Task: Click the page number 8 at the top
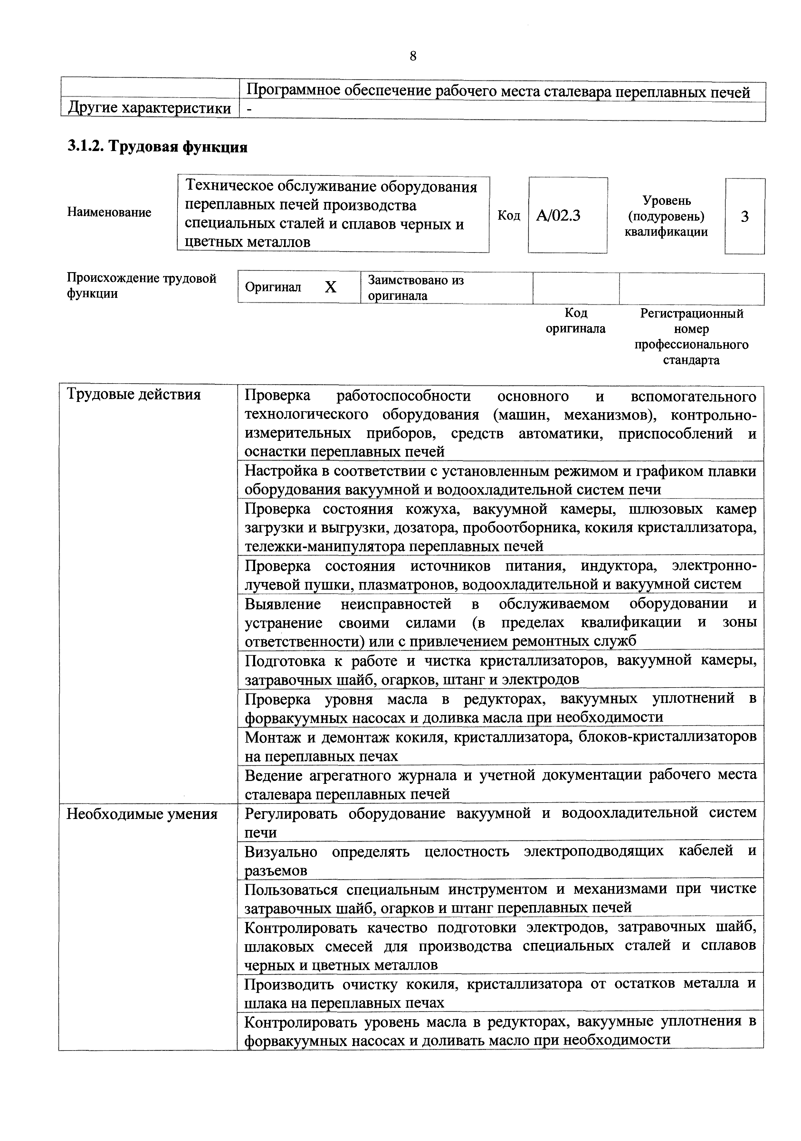click(x=413, y=56)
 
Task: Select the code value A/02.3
click(x=558, y=216)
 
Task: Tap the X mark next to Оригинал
click(x=330, y=287)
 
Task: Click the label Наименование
click(x=109, y=212)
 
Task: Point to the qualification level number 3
click(x=744, y=217)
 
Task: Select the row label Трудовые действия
click(x=134, y=395)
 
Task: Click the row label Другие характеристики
click(x=149, y=108)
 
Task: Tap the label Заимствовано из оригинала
click(x=415, y=288)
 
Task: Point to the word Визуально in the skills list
click(x=281, y=852)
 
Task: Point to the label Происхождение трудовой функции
click(x=142, y=286)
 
